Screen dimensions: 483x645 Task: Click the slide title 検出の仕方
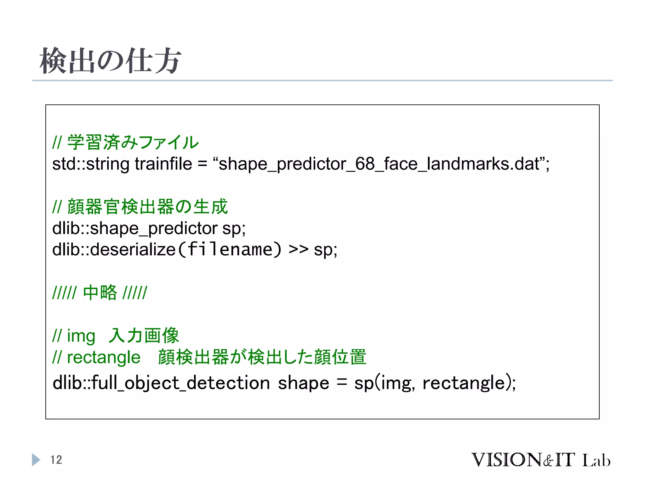(x=110, y=60)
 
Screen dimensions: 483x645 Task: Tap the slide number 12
(x=56, y=460)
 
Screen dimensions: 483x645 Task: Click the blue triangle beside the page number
(x=36, y=460)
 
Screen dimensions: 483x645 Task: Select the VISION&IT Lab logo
(x=540, y=460)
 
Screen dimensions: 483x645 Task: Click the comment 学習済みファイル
(x=133, y=142)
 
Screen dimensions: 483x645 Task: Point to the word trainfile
(x=163, y=164)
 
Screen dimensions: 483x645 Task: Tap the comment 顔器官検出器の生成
(x=147, y=207)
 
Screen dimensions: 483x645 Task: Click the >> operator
(x=298, y=249)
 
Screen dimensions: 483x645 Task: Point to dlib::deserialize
(x=114, y=249)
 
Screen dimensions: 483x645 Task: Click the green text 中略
(x=100, y=292)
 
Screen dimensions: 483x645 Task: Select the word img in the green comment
(x=81, y=336)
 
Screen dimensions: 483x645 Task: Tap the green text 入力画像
(x=144, y=335)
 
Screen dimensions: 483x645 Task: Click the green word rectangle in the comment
(x=104, y=357)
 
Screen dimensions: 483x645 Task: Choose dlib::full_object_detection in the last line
(x=161, y=383)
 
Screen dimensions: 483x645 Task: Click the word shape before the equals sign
(x=303, y=383)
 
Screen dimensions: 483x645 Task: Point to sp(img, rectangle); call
(x=435, y=383)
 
